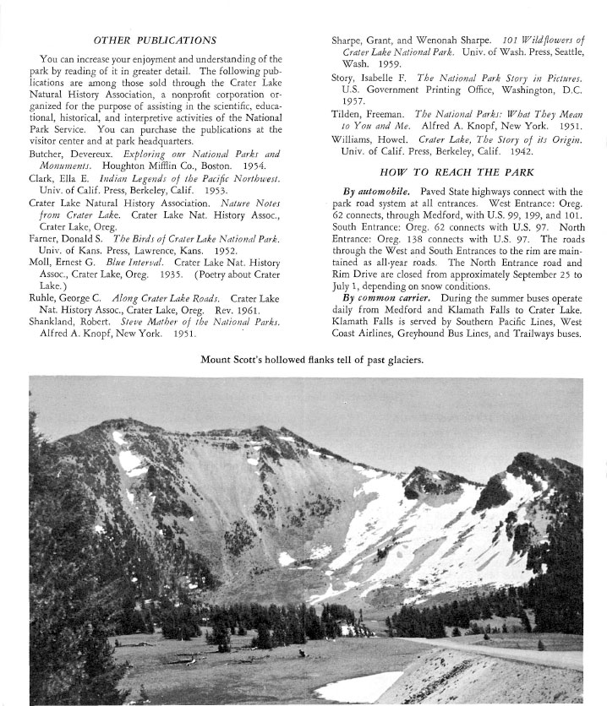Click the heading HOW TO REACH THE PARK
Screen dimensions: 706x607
coord(457,172)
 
